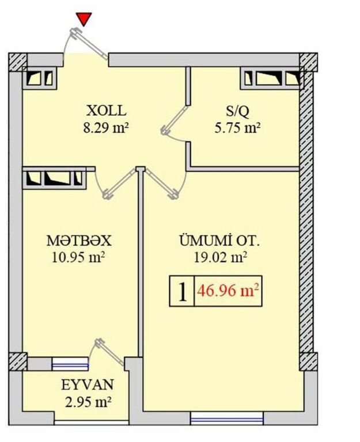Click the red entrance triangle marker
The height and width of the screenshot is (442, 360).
[x=84, y=19]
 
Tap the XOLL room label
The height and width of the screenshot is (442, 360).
[x=106, y=110]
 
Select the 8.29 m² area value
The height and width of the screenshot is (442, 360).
[x=106, y=128]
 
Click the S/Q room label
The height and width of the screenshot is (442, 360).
[x=237, y=111]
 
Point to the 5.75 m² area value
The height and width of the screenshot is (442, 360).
[x=237, y=128]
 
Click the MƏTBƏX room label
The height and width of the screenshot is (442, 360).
[x=79, y=241]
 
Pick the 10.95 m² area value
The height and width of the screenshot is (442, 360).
[x=78, y=257]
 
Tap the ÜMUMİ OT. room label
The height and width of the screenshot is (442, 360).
[x=219, y=241]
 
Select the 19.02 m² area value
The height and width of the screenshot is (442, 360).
[x=221, y=257]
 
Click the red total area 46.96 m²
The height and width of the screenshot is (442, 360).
[x=228, y=291]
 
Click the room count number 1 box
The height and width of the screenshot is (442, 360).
[x=182, y=291]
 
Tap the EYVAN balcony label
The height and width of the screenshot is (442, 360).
[x=88, y=385]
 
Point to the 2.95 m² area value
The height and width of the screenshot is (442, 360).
[x=88, y=402]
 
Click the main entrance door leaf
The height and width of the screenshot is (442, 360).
[x=89, y=44]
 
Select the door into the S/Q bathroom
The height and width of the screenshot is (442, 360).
[x=175, y=119]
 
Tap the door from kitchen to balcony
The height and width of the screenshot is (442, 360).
[x=111, y=352]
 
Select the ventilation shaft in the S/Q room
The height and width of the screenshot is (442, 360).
[x=272, y=78]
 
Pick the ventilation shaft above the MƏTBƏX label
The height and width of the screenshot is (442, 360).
[x=54, y=178]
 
